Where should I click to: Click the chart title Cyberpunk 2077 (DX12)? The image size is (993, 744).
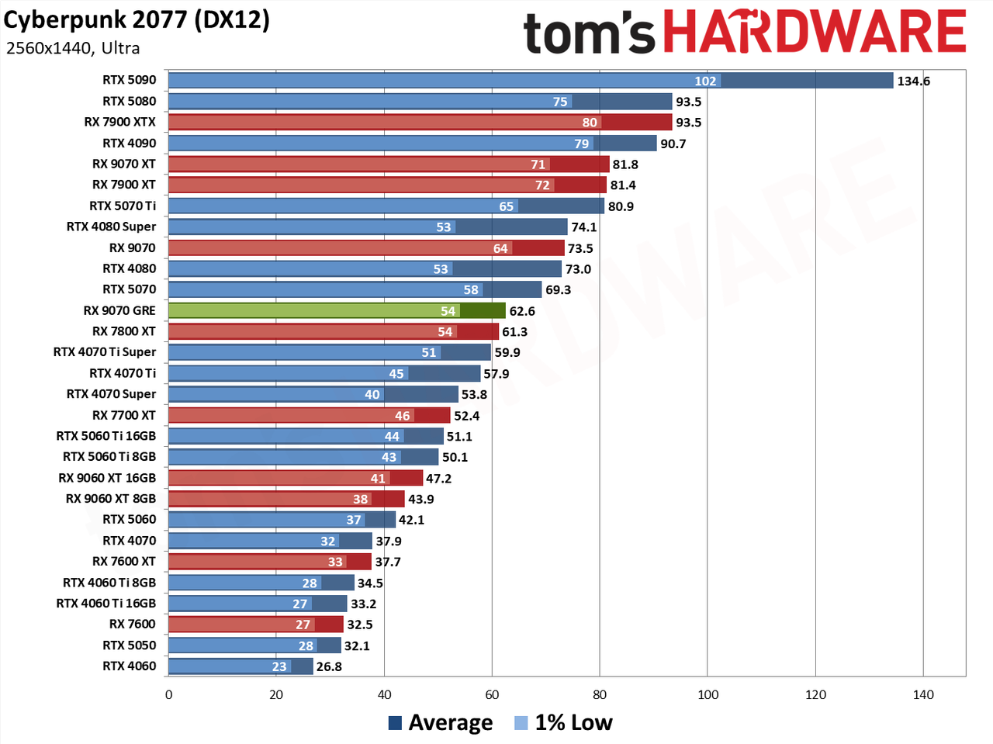(137, 21)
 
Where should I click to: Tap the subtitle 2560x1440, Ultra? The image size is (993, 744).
(73, 48)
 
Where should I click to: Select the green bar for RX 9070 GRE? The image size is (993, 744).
(337, 311)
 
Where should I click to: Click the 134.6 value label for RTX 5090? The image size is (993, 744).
(914, 81)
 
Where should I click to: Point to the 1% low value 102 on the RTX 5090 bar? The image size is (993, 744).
(705, 81)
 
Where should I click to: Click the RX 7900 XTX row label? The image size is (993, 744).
(120, 122)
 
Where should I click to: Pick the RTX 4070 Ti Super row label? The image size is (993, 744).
(105, 352)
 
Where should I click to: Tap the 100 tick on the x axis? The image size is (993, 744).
(708, 694)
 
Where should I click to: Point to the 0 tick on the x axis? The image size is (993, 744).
(169, 694)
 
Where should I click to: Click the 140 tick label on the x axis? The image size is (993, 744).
(923, 694)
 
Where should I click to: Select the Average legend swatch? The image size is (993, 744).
(395, 723)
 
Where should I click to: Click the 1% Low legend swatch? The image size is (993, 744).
(521, 723)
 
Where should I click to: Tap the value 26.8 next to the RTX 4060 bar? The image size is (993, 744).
(329, 667)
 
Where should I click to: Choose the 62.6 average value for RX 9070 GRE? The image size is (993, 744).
(522, 312)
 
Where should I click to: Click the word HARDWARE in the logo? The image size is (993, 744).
(815, 31)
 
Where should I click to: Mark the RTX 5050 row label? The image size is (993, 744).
(130, 645)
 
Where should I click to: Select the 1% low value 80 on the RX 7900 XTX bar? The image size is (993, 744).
(590, 123)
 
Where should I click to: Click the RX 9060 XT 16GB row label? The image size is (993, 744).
(107, 478)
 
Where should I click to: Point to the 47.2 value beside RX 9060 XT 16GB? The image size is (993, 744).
(439, 479)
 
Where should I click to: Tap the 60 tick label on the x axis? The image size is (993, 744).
(492, 694)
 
